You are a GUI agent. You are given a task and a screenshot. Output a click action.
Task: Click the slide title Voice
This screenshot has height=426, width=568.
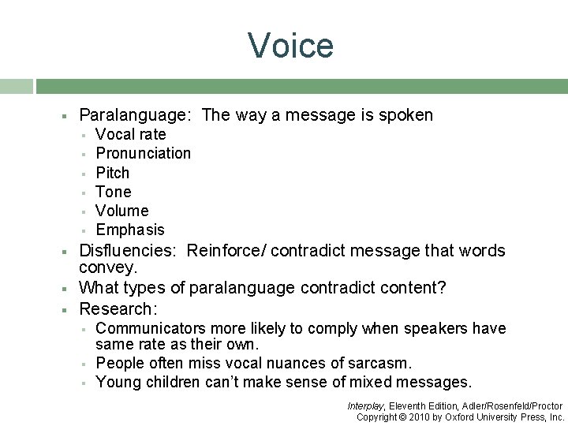coord(291,45)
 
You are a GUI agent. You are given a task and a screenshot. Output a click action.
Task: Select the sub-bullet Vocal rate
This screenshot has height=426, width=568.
coord(130,134)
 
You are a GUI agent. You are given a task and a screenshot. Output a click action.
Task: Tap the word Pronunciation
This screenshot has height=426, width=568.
coord(143,153)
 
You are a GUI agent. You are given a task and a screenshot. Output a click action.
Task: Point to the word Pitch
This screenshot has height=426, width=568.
coord(112,173)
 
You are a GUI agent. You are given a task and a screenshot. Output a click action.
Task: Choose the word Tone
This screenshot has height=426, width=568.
coord(114,192)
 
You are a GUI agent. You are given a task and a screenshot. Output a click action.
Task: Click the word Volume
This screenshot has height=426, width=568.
coord(121,211)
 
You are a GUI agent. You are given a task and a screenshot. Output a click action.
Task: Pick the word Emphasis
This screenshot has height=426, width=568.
coord(130,230)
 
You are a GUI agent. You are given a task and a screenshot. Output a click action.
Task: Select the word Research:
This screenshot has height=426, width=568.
coord(118,308)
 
